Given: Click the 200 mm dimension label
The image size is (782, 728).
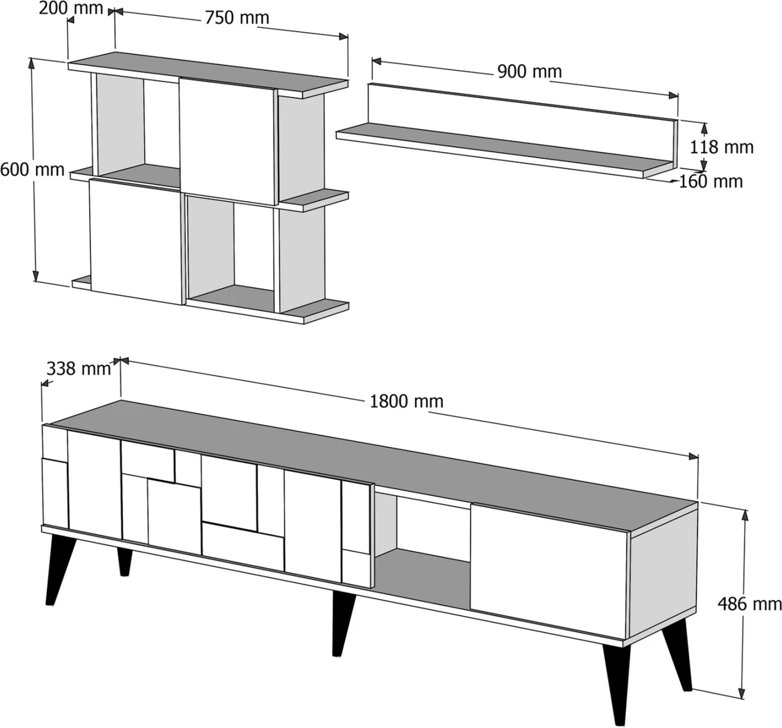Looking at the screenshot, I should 71,8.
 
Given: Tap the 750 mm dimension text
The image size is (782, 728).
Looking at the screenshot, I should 237,18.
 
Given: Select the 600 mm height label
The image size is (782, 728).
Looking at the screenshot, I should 32,169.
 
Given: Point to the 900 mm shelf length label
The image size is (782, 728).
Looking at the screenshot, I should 529,71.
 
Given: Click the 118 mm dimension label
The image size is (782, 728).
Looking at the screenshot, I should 721,147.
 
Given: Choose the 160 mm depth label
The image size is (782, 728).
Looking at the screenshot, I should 711,181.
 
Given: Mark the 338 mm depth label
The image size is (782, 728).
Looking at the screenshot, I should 79,369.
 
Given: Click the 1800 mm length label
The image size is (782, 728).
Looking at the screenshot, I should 407,402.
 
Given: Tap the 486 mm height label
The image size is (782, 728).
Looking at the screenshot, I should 749,604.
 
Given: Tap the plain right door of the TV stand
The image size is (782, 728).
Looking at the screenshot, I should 548,568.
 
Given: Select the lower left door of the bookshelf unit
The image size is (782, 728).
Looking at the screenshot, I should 135,240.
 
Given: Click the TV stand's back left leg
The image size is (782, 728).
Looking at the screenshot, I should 125,561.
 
